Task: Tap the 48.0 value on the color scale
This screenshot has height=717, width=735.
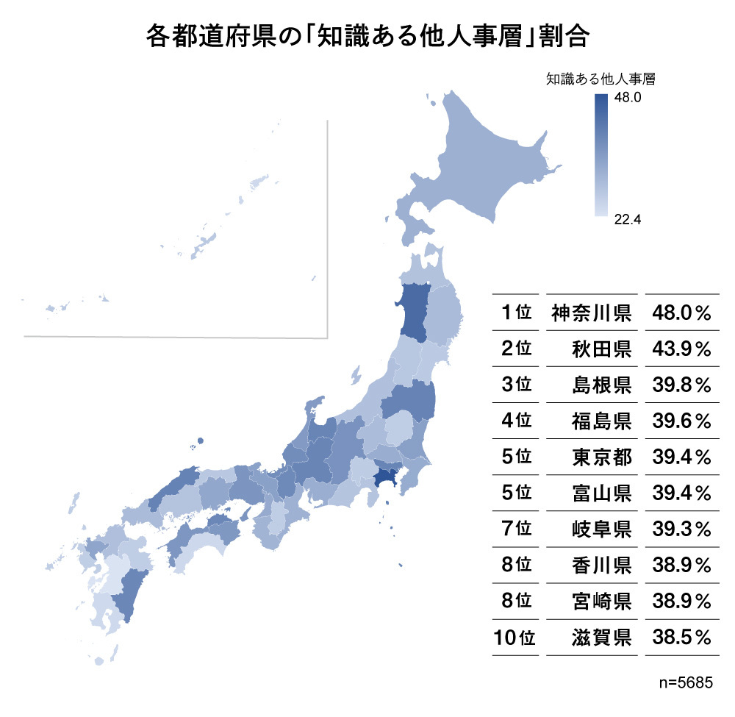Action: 628,97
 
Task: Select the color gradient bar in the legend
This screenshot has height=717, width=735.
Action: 600,155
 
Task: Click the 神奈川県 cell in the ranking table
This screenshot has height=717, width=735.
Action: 592,313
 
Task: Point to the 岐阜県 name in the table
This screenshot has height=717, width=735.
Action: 601,529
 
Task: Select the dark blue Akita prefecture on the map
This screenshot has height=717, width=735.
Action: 413,313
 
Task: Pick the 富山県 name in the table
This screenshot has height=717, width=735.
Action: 601,493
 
